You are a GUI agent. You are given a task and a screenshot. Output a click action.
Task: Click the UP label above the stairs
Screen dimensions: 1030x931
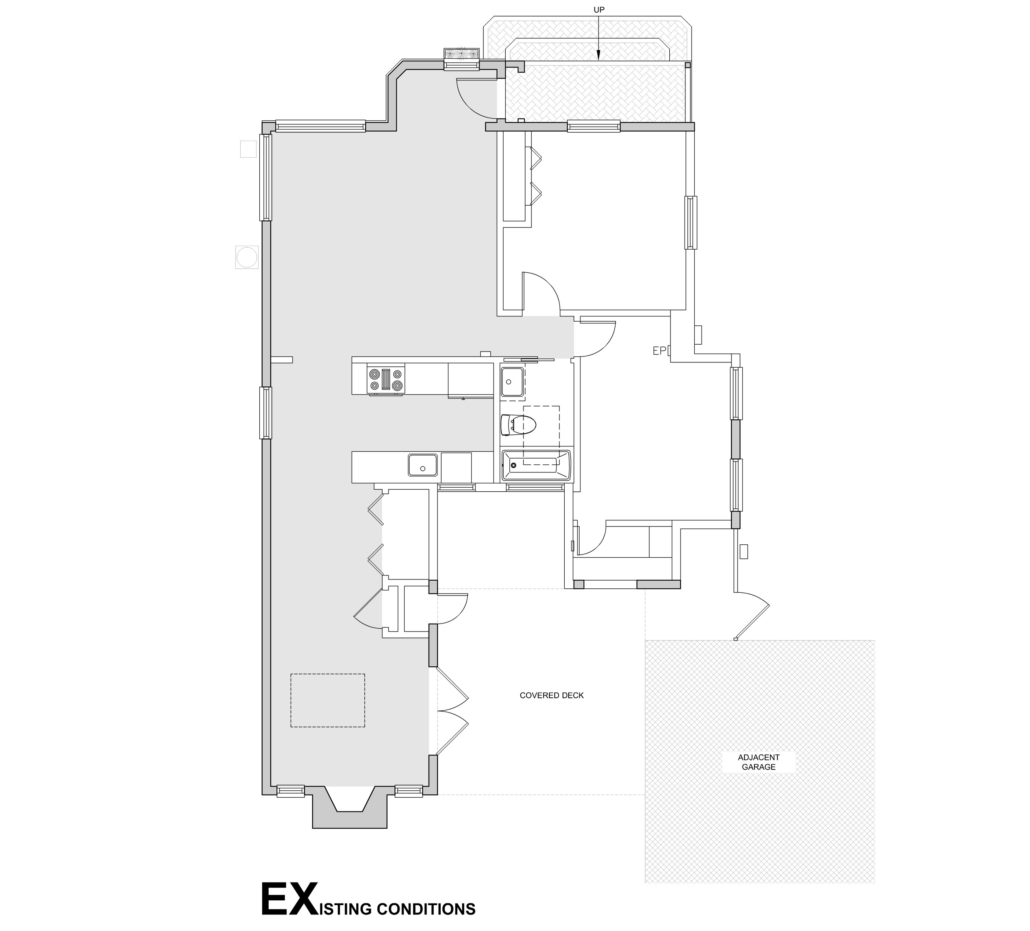(x=599, y=10)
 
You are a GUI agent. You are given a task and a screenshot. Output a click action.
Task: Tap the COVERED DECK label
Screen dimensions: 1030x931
(x=551, y=695)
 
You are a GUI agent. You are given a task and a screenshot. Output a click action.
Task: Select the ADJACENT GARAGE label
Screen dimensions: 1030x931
(x=759, y=762)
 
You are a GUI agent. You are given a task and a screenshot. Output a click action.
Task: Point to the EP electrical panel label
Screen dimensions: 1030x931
(x=660, y=350)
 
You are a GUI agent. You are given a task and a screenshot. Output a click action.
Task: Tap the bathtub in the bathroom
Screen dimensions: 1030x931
(x=536, y=465)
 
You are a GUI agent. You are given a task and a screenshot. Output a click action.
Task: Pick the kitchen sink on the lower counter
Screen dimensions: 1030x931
(x=423, y=465)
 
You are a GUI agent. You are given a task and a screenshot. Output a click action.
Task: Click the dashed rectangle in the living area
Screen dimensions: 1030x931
(x=328, y=700)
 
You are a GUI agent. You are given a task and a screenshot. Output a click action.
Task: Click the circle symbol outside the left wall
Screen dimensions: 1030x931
(x=247, y=257)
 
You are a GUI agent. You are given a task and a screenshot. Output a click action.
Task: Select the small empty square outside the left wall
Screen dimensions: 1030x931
(x=248, y=149)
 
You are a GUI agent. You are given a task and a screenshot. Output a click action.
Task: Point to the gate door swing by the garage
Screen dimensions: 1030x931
(x=752, y=615)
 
